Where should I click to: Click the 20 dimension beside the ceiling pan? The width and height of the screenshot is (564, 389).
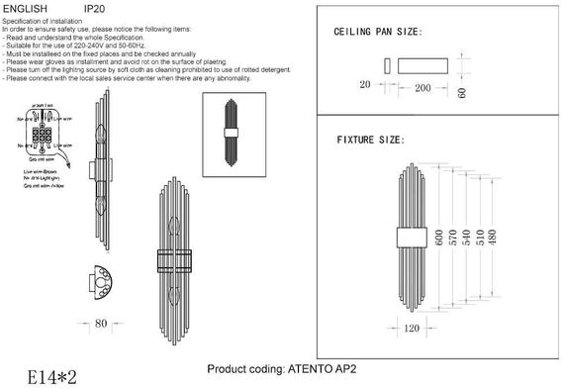click(365, 86)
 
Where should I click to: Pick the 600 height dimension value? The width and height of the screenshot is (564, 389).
click(438, 239)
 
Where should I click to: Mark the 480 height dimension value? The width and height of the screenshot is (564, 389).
click(496, 239)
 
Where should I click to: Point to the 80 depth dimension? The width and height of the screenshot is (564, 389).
click(101, 323)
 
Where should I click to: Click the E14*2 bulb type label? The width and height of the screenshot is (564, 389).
click(41, 376)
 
